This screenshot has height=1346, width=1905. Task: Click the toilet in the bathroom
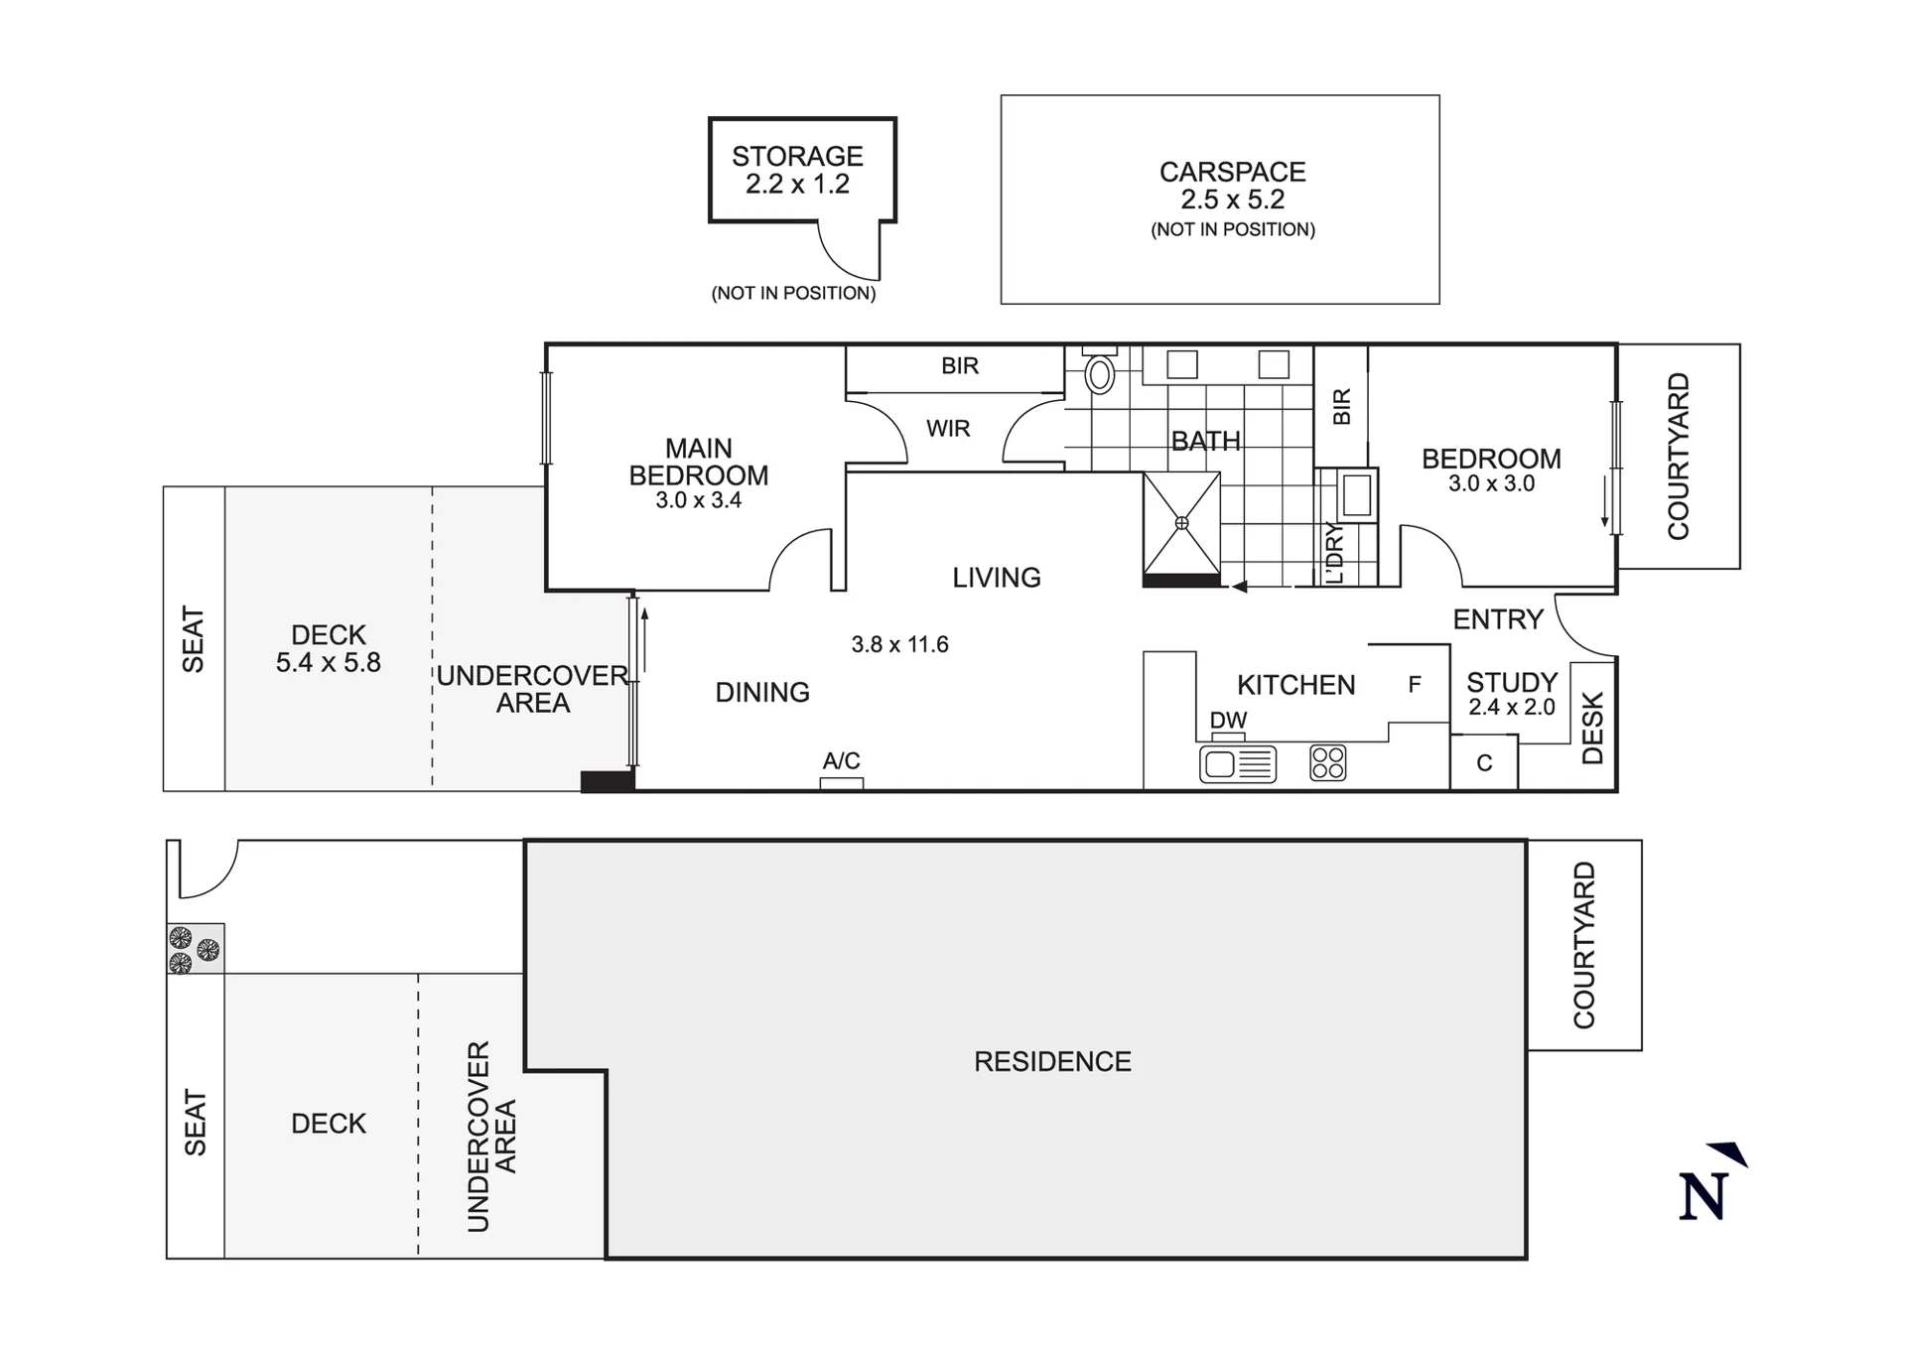[x=1099, y=370]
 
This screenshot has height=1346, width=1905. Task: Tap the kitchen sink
[x=1238, y=764]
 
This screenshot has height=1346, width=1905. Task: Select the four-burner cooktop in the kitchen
[x=1328, y=762]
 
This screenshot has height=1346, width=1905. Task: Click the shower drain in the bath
[x=1181, y=522]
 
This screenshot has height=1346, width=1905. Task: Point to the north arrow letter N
[x=1703, y=1196]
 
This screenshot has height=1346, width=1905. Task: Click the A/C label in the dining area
[x=841, y=760]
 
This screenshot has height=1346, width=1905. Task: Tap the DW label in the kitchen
[x=1228, y=720]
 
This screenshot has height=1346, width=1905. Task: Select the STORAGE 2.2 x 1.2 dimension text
[x=797, y=184]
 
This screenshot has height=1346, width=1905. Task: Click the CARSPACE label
[x=1232, y=172]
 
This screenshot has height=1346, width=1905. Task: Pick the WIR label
[x=948, y=429]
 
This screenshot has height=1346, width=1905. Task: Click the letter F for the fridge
[x=1415, y=684]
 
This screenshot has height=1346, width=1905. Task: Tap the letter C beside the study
[x=1484, y=763]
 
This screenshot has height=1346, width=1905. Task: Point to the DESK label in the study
[x=1592, y=729]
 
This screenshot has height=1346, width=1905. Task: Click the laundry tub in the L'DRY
[x=1357, y=494]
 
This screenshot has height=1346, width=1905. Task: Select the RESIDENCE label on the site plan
[x=1052, y=1061]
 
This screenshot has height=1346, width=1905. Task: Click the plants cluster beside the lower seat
[x=194, y=950]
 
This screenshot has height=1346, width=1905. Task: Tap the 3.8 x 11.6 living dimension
[x=899, y=644]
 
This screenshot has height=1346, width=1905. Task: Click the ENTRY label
[x=1498, y=619]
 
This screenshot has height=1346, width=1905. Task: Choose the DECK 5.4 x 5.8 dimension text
[x=329, y=662]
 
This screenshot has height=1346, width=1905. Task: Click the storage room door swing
[x=849, y=250]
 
